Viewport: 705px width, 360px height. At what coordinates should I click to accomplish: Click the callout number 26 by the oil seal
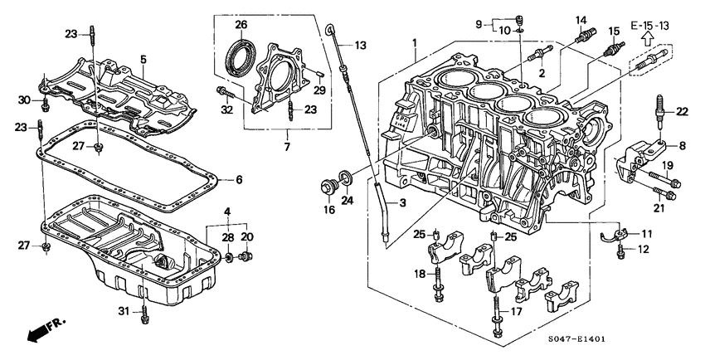pos(241,25)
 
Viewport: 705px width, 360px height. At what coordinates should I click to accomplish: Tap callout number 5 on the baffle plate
pos(143,59)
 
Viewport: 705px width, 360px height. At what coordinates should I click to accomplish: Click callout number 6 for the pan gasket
pos(239,178)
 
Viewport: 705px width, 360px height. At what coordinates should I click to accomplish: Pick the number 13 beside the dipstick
pos(361,44)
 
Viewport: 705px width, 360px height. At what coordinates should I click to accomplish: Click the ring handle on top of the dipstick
pos(332,31)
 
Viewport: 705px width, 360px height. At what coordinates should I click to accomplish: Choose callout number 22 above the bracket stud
pos(682,111)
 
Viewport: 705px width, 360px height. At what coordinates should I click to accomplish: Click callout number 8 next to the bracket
pos(682,145)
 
